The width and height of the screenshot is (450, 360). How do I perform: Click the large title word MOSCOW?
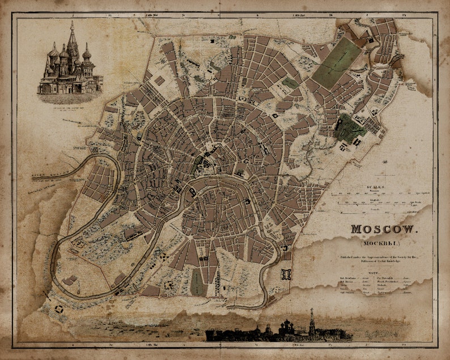[383, 230]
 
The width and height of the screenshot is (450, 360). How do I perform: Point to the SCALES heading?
[375, 187]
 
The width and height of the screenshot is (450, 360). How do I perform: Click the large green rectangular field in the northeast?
[336, 63]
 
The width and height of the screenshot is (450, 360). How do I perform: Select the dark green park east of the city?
[350, 128]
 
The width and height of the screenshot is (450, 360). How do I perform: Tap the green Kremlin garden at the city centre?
[199, 164]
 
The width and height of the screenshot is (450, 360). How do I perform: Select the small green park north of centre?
[290, 83]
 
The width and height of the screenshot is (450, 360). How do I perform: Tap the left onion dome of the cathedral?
[54, 54]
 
